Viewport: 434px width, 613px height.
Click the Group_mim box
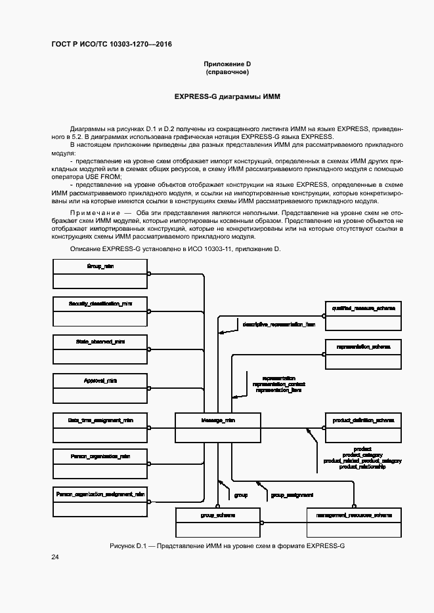pyautogui.click(x=100, y=273)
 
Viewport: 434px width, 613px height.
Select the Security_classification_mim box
pyautogui.click(x=100, y=311)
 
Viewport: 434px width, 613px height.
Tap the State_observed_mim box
pyautogui.click(x=100, y=349)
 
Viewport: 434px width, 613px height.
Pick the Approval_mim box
pyautogui.click(x=100, y=387)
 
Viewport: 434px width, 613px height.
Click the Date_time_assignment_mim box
pyautogui.click(x=100, y=427)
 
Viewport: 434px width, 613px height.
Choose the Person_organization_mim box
pyautogui.click(x=100, y=463)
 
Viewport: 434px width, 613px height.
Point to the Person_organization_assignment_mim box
pyautogui.click(x=100, y=501)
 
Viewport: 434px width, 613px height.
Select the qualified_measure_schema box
pyautogui.click(x=363, y=314)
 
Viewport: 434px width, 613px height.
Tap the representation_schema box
pyautogui.click(x=363, y=353)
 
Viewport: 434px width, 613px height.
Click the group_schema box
pyautogui.click(x=217, y=523)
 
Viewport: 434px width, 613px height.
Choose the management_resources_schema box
pyautogui.click(x=354, y=523)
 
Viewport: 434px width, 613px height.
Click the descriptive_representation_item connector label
pyautogui.click(x=278, y=325)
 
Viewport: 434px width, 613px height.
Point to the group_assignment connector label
pyautogui.click(x=292, y=495)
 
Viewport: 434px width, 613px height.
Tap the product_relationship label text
pyautogui.click(x=362, y=467)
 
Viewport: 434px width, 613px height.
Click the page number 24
pyautogui.click(x=55, y=557)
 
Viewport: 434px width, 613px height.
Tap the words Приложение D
pyautogui.click(x=227, y=64)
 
